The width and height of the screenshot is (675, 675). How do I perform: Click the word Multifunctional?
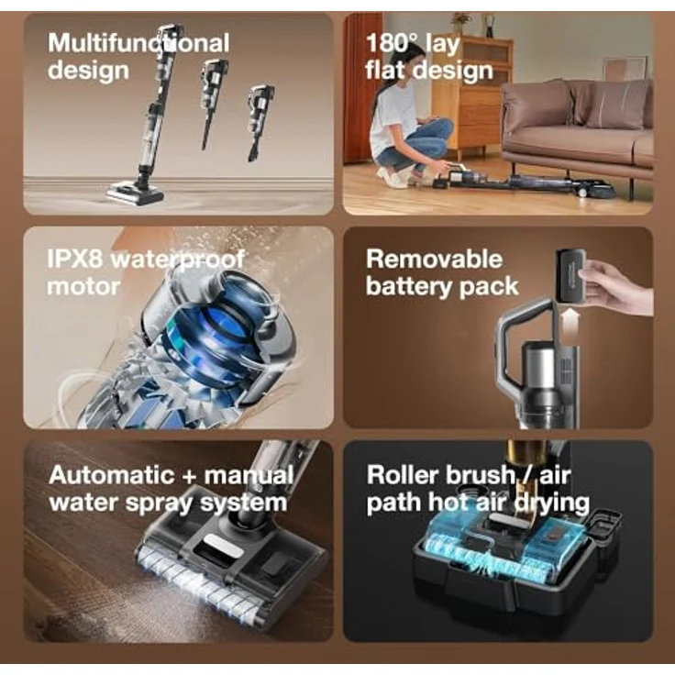[138, 43]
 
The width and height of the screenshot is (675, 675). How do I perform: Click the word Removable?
[435, 260]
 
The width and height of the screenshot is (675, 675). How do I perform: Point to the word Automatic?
[111, 475]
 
